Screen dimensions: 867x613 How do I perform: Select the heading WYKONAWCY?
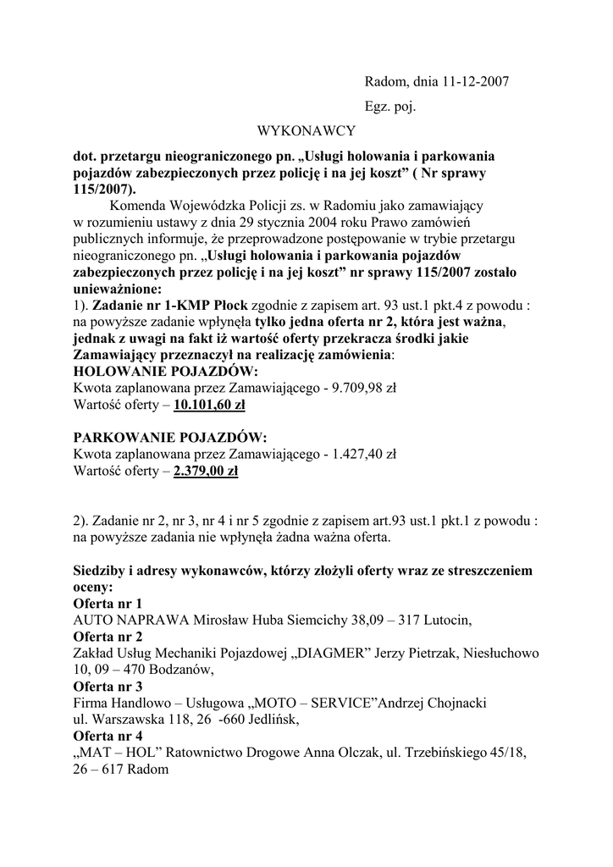click(x=306, y=131)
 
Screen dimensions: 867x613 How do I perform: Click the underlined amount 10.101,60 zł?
click(x=209, y=406)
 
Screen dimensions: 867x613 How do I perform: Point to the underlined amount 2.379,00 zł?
click(x=206, y=472)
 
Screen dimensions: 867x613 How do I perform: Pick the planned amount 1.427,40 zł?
click(x=364, y=455)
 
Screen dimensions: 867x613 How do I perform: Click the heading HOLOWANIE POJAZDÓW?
click(x=166, y=372)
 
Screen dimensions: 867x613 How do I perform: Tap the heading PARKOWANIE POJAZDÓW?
click(x=170, y=438)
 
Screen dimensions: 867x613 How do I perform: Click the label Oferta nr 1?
click(x=108, y=604)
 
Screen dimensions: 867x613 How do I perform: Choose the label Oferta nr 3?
click(x=108, y=687)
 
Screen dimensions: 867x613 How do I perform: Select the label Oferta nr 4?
click(x=108, y=736)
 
